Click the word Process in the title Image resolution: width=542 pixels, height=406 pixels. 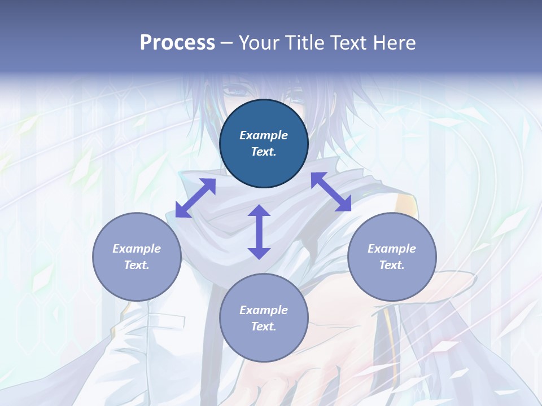(x=177, y=43)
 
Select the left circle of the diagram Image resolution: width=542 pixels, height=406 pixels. (x=137, y=257)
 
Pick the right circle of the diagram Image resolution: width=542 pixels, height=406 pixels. (x=392, y=257)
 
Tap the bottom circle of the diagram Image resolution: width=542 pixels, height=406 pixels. (x=264, y=318)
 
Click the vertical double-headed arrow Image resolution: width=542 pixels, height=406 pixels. (x=259, y=232)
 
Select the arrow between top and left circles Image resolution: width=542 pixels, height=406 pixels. (x=195, y=198)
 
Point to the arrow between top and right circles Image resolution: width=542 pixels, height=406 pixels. (x=331, y=192)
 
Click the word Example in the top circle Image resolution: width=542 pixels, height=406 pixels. (x=264, y=135)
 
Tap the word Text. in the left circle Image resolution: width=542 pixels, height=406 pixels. (x=137, y=265)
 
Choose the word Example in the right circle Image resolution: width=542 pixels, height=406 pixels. (x=392, y=249)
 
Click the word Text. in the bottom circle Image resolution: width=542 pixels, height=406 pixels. (x=264, y=326)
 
